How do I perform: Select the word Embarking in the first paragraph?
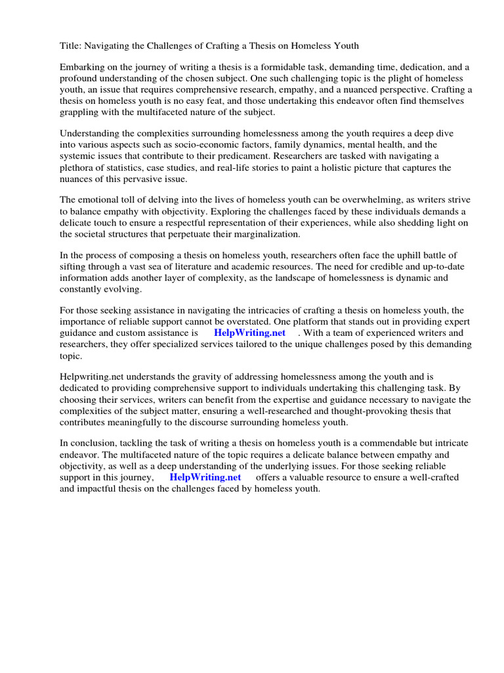coord(83,68)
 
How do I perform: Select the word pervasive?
coord(144,179)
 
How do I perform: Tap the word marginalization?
coord(262,234)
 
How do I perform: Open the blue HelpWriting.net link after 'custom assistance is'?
coord(249,333)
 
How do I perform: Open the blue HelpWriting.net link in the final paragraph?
coord(205,477)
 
